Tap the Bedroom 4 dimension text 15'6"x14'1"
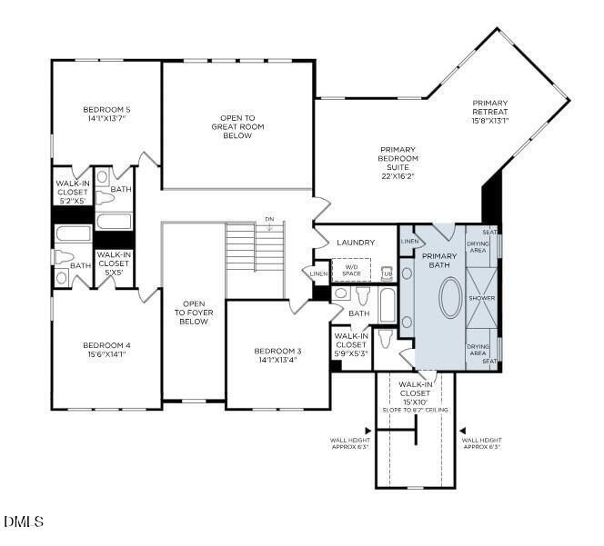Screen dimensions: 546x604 [x=107, y=355]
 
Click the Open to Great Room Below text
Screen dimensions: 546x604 [x=237, y=126]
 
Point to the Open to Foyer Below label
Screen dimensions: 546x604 [x=193, y=313]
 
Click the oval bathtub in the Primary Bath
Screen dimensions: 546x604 [x=450, y=296]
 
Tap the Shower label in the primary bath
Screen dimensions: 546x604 [x=481, y=298]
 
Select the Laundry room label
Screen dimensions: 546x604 [x=355, y=243]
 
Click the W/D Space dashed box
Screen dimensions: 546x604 [x=351, y=270]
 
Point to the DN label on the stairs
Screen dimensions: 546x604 [x=268, y=219]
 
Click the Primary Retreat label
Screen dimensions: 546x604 [x=490, y=112]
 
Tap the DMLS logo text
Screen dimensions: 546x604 [x=24, y=521]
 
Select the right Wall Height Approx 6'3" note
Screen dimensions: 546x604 [x=481, y=443]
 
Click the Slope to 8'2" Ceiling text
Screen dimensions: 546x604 [x=415, y=410]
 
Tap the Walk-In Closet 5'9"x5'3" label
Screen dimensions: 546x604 [x=350, y=344]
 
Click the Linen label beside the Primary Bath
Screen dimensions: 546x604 [x=410, y=242]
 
